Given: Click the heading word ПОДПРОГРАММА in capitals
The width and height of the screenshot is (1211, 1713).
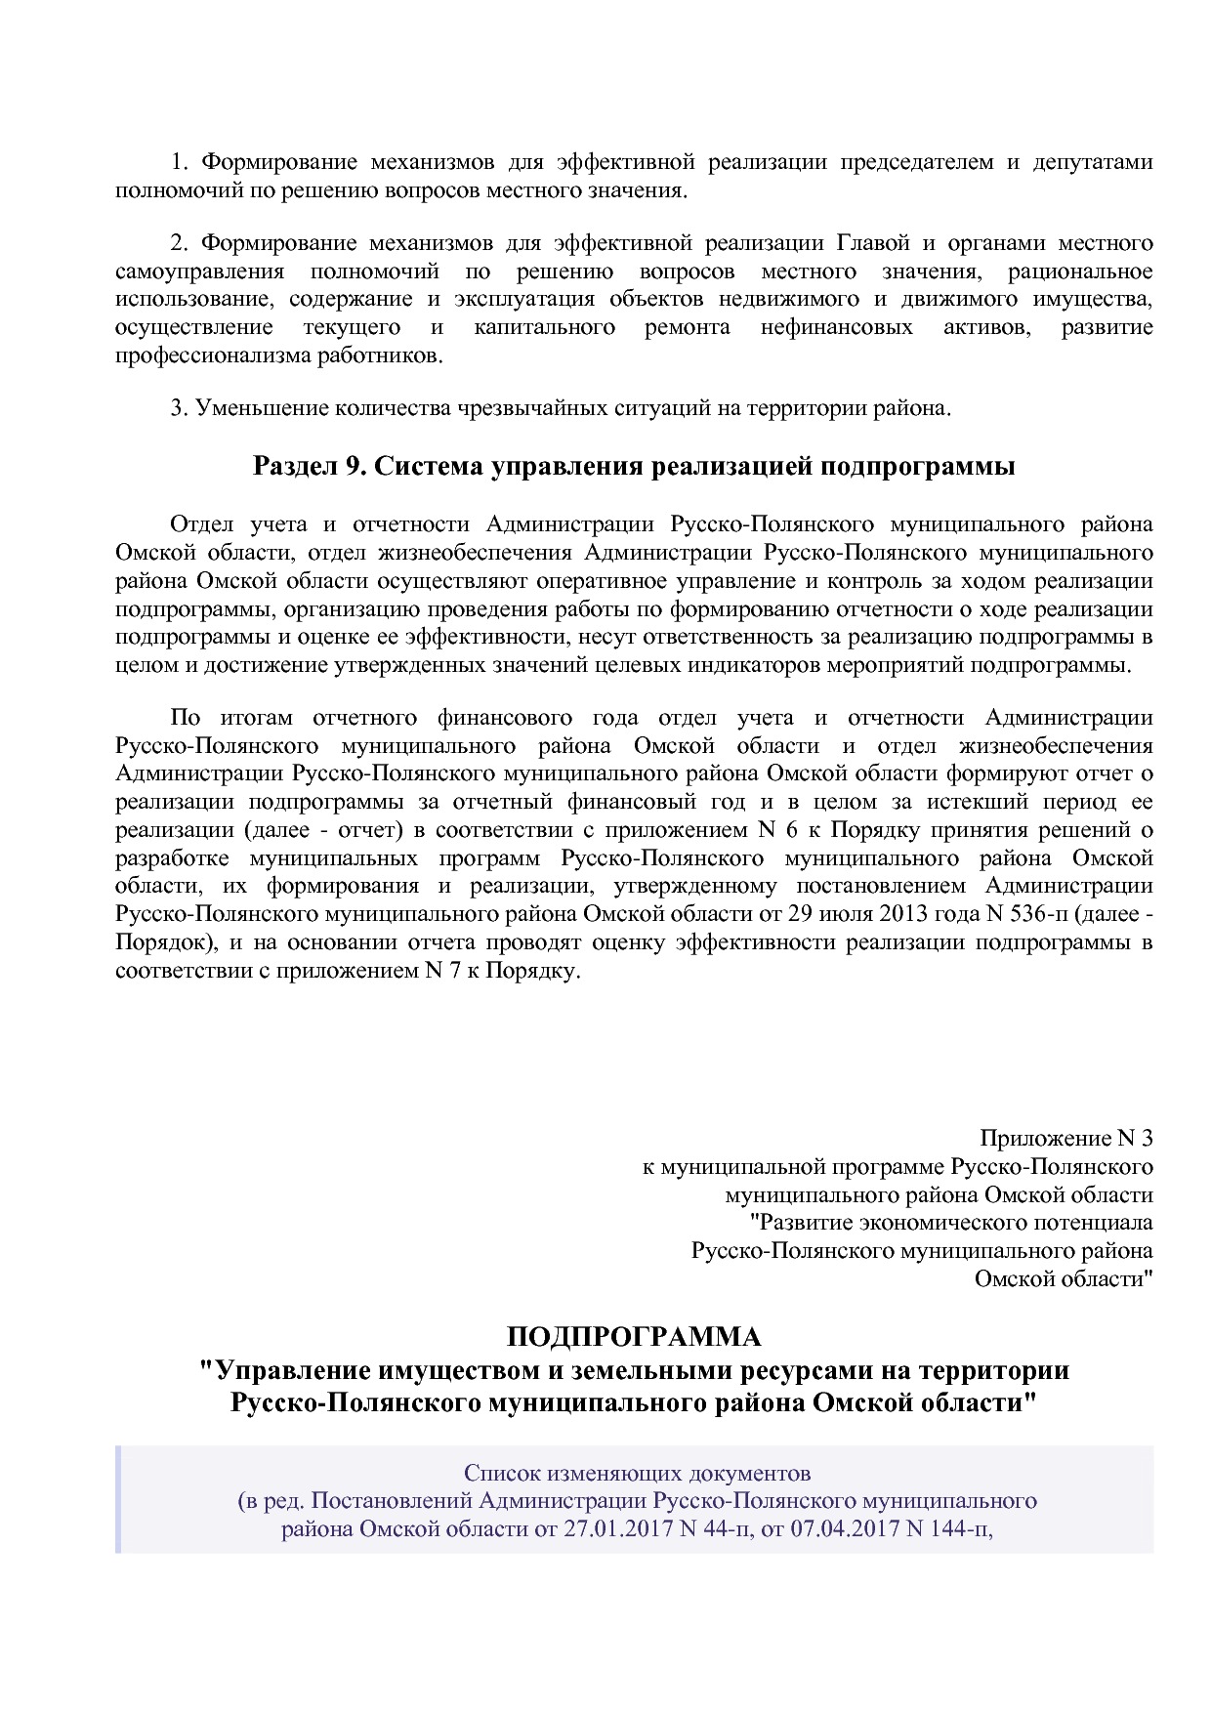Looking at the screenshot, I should point(634,1336).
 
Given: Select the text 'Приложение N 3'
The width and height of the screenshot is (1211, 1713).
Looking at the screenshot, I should point(1065,1139).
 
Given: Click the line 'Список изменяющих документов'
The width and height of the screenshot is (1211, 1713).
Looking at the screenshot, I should point(637,1472).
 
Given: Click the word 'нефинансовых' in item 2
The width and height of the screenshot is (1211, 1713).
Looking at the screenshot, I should point(836,327).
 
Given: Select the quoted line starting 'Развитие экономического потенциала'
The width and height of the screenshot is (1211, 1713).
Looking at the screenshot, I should point(950,1223).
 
